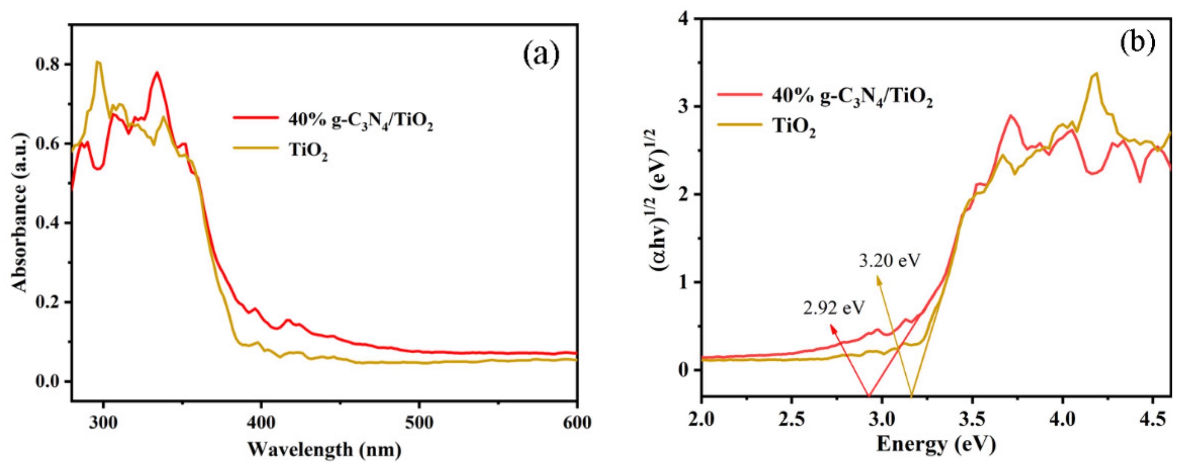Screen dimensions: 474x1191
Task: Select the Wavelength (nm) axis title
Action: point(324,449)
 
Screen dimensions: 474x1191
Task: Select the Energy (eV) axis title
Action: point(936,444)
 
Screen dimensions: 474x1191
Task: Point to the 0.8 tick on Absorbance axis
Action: point(49,65)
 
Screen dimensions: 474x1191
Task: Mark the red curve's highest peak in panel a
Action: point(157,73)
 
